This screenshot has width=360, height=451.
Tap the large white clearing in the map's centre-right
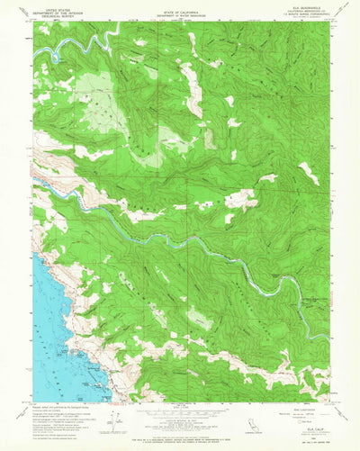[239, 198]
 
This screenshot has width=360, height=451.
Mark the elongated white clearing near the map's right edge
[309, 171]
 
